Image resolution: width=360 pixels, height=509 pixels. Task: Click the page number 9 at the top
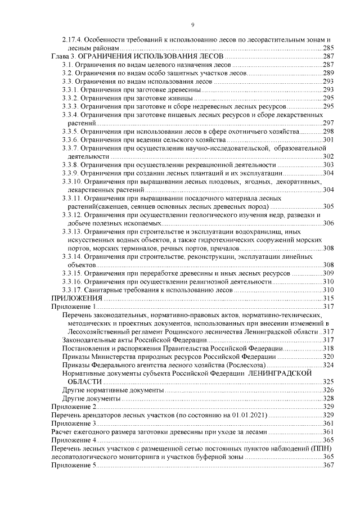coord(192,25)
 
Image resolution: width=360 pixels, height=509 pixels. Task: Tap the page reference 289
coord(329,74)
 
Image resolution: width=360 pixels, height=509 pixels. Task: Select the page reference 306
coord(329,223)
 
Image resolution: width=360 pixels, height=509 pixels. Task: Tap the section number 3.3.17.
coord(72,290)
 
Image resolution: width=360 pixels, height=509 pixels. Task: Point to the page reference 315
coord(329,298)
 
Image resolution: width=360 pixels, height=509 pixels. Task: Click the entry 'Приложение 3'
coord(74,423)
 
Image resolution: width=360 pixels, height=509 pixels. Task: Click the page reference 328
coord(329,398)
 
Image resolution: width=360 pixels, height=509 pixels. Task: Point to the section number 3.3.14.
coord(72,256)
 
